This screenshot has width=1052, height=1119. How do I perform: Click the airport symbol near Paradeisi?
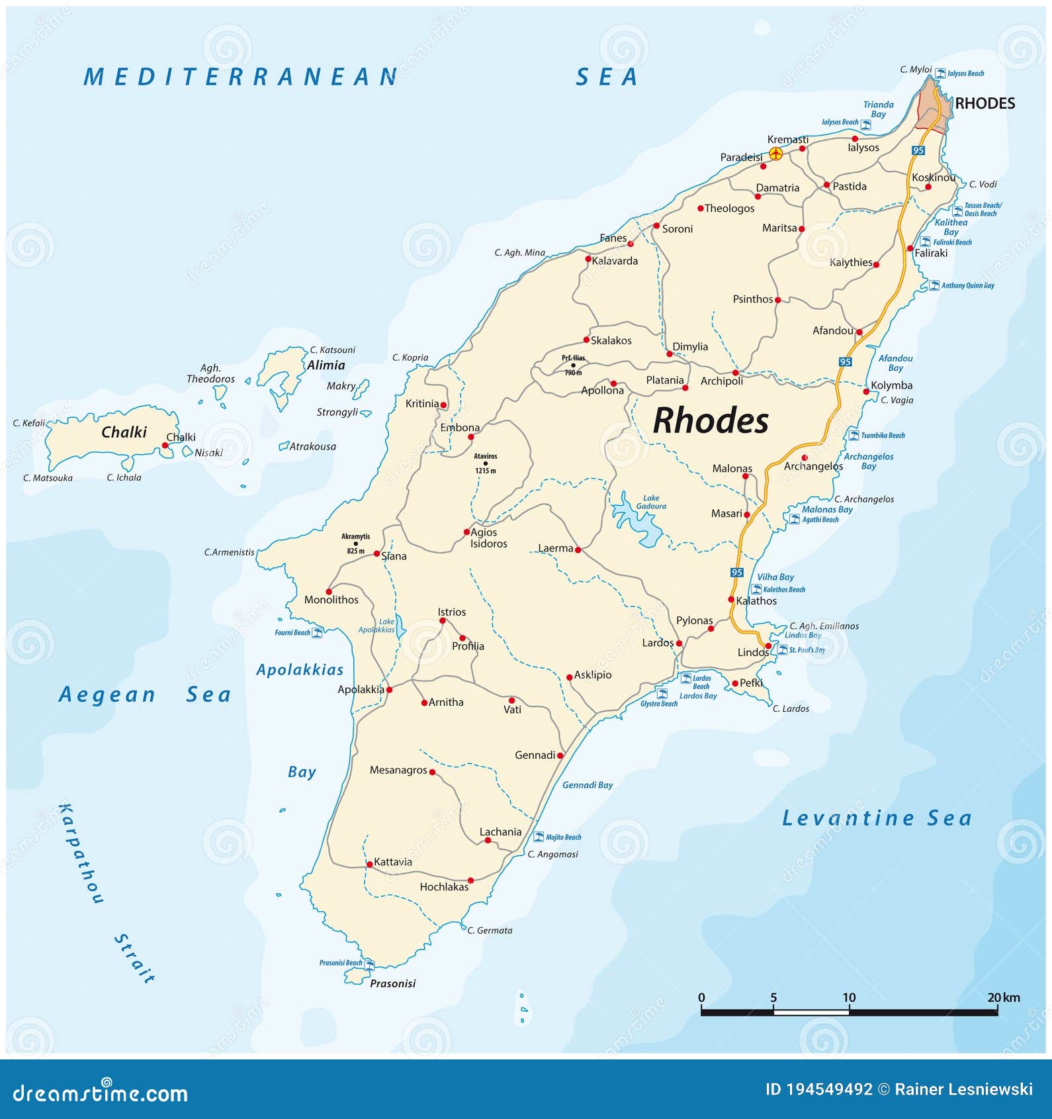[776, 154]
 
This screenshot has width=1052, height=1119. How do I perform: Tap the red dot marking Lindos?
[767, 646]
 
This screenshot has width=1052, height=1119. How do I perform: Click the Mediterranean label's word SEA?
[607, 77]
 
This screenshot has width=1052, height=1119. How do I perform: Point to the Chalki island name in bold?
[124, 432]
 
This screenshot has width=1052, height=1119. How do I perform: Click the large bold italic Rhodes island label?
[711, 420]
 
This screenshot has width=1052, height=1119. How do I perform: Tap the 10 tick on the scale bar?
[849, 998]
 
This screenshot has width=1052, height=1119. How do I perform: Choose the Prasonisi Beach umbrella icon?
[369, 964]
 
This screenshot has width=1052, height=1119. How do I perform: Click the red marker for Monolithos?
[328, 591]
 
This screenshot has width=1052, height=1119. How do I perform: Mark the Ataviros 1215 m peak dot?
[485, 463]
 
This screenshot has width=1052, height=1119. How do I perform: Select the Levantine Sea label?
[877, 818]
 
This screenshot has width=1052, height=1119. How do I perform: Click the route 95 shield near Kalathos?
[737, 572]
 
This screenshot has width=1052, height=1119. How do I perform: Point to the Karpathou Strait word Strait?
[134, 958]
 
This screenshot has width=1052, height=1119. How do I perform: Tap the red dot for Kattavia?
[369, 864]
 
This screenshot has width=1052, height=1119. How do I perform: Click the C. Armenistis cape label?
[229, 552]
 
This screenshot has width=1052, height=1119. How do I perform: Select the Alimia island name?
[326, 365]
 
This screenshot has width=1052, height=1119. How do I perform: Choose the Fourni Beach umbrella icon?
[317, 632]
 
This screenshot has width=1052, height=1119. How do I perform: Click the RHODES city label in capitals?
[985, 103]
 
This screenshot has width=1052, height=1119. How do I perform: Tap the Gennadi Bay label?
[588, 785]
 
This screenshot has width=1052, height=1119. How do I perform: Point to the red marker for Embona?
[470, 437]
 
